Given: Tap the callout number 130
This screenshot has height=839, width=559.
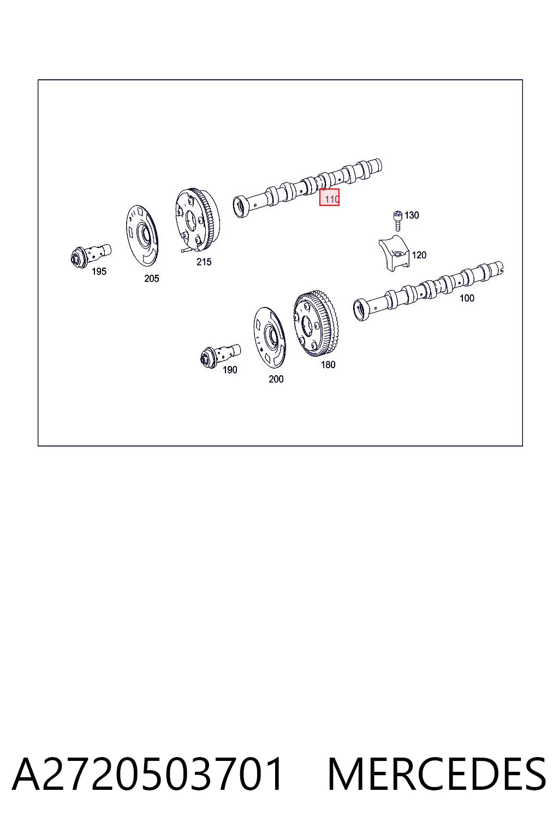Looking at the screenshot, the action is (x=412, y=215).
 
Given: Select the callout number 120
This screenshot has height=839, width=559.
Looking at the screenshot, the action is (x=419, y=255).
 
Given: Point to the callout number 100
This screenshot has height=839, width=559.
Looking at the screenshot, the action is (x=467, y=298).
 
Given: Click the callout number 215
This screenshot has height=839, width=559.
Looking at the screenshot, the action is (x=204, y=262).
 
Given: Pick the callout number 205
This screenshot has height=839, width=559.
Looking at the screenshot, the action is (x=152, y=278).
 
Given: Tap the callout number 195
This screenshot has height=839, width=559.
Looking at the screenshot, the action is (x=99, y=271).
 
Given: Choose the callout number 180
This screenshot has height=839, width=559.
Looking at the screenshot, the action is (x=328, y=364).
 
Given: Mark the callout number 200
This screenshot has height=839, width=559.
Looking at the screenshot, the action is (x=276, y=379).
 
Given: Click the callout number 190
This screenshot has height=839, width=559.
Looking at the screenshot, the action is (x=230, y=370).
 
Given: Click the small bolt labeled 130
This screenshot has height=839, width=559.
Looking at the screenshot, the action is (x=397, y=221).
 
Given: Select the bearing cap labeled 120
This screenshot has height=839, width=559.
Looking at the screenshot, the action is (x=394, y=253).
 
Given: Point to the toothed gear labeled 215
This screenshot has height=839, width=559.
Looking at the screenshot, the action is (x=197, y=220).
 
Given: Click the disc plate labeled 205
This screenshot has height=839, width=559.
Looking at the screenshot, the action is (x=142, y=235).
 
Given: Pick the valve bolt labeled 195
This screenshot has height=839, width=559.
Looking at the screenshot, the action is (x=91, y=256).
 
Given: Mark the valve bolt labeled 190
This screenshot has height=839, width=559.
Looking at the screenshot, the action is (x=221, y=356).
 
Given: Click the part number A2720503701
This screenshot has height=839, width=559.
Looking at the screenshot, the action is (x=147, y=774).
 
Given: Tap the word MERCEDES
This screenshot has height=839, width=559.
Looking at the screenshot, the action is (x=437, y=774).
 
